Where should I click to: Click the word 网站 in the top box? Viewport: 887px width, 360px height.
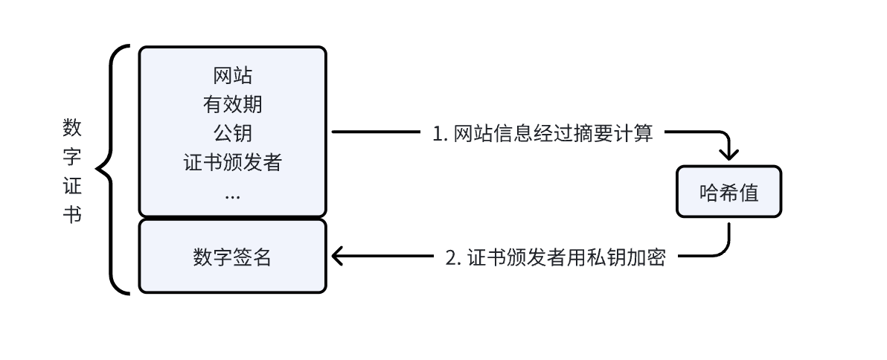[232, 76]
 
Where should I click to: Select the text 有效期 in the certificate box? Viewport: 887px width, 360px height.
[232, 104]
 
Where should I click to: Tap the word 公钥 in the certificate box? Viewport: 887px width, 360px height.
[232, 133]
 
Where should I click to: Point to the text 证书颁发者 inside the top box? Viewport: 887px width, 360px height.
[232, 162]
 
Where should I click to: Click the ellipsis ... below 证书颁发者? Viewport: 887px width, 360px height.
[232, 195]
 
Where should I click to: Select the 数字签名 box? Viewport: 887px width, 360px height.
[232, 257]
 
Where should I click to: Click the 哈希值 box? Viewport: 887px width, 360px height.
[729, 192]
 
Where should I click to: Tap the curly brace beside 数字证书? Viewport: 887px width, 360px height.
[112, 170]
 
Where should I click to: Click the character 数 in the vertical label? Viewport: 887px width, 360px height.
[72, 127]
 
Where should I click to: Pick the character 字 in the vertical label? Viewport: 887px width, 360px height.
[72, 156]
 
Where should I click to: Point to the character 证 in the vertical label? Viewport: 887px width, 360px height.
[72, 185]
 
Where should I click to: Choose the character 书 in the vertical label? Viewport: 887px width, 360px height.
[72, 214]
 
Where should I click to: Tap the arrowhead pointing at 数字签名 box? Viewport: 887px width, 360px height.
[337, 257]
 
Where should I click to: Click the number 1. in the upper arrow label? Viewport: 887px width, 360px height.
[440, 134]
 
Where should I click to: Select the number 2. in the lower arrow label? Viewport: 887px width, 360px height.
[453, 257]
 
